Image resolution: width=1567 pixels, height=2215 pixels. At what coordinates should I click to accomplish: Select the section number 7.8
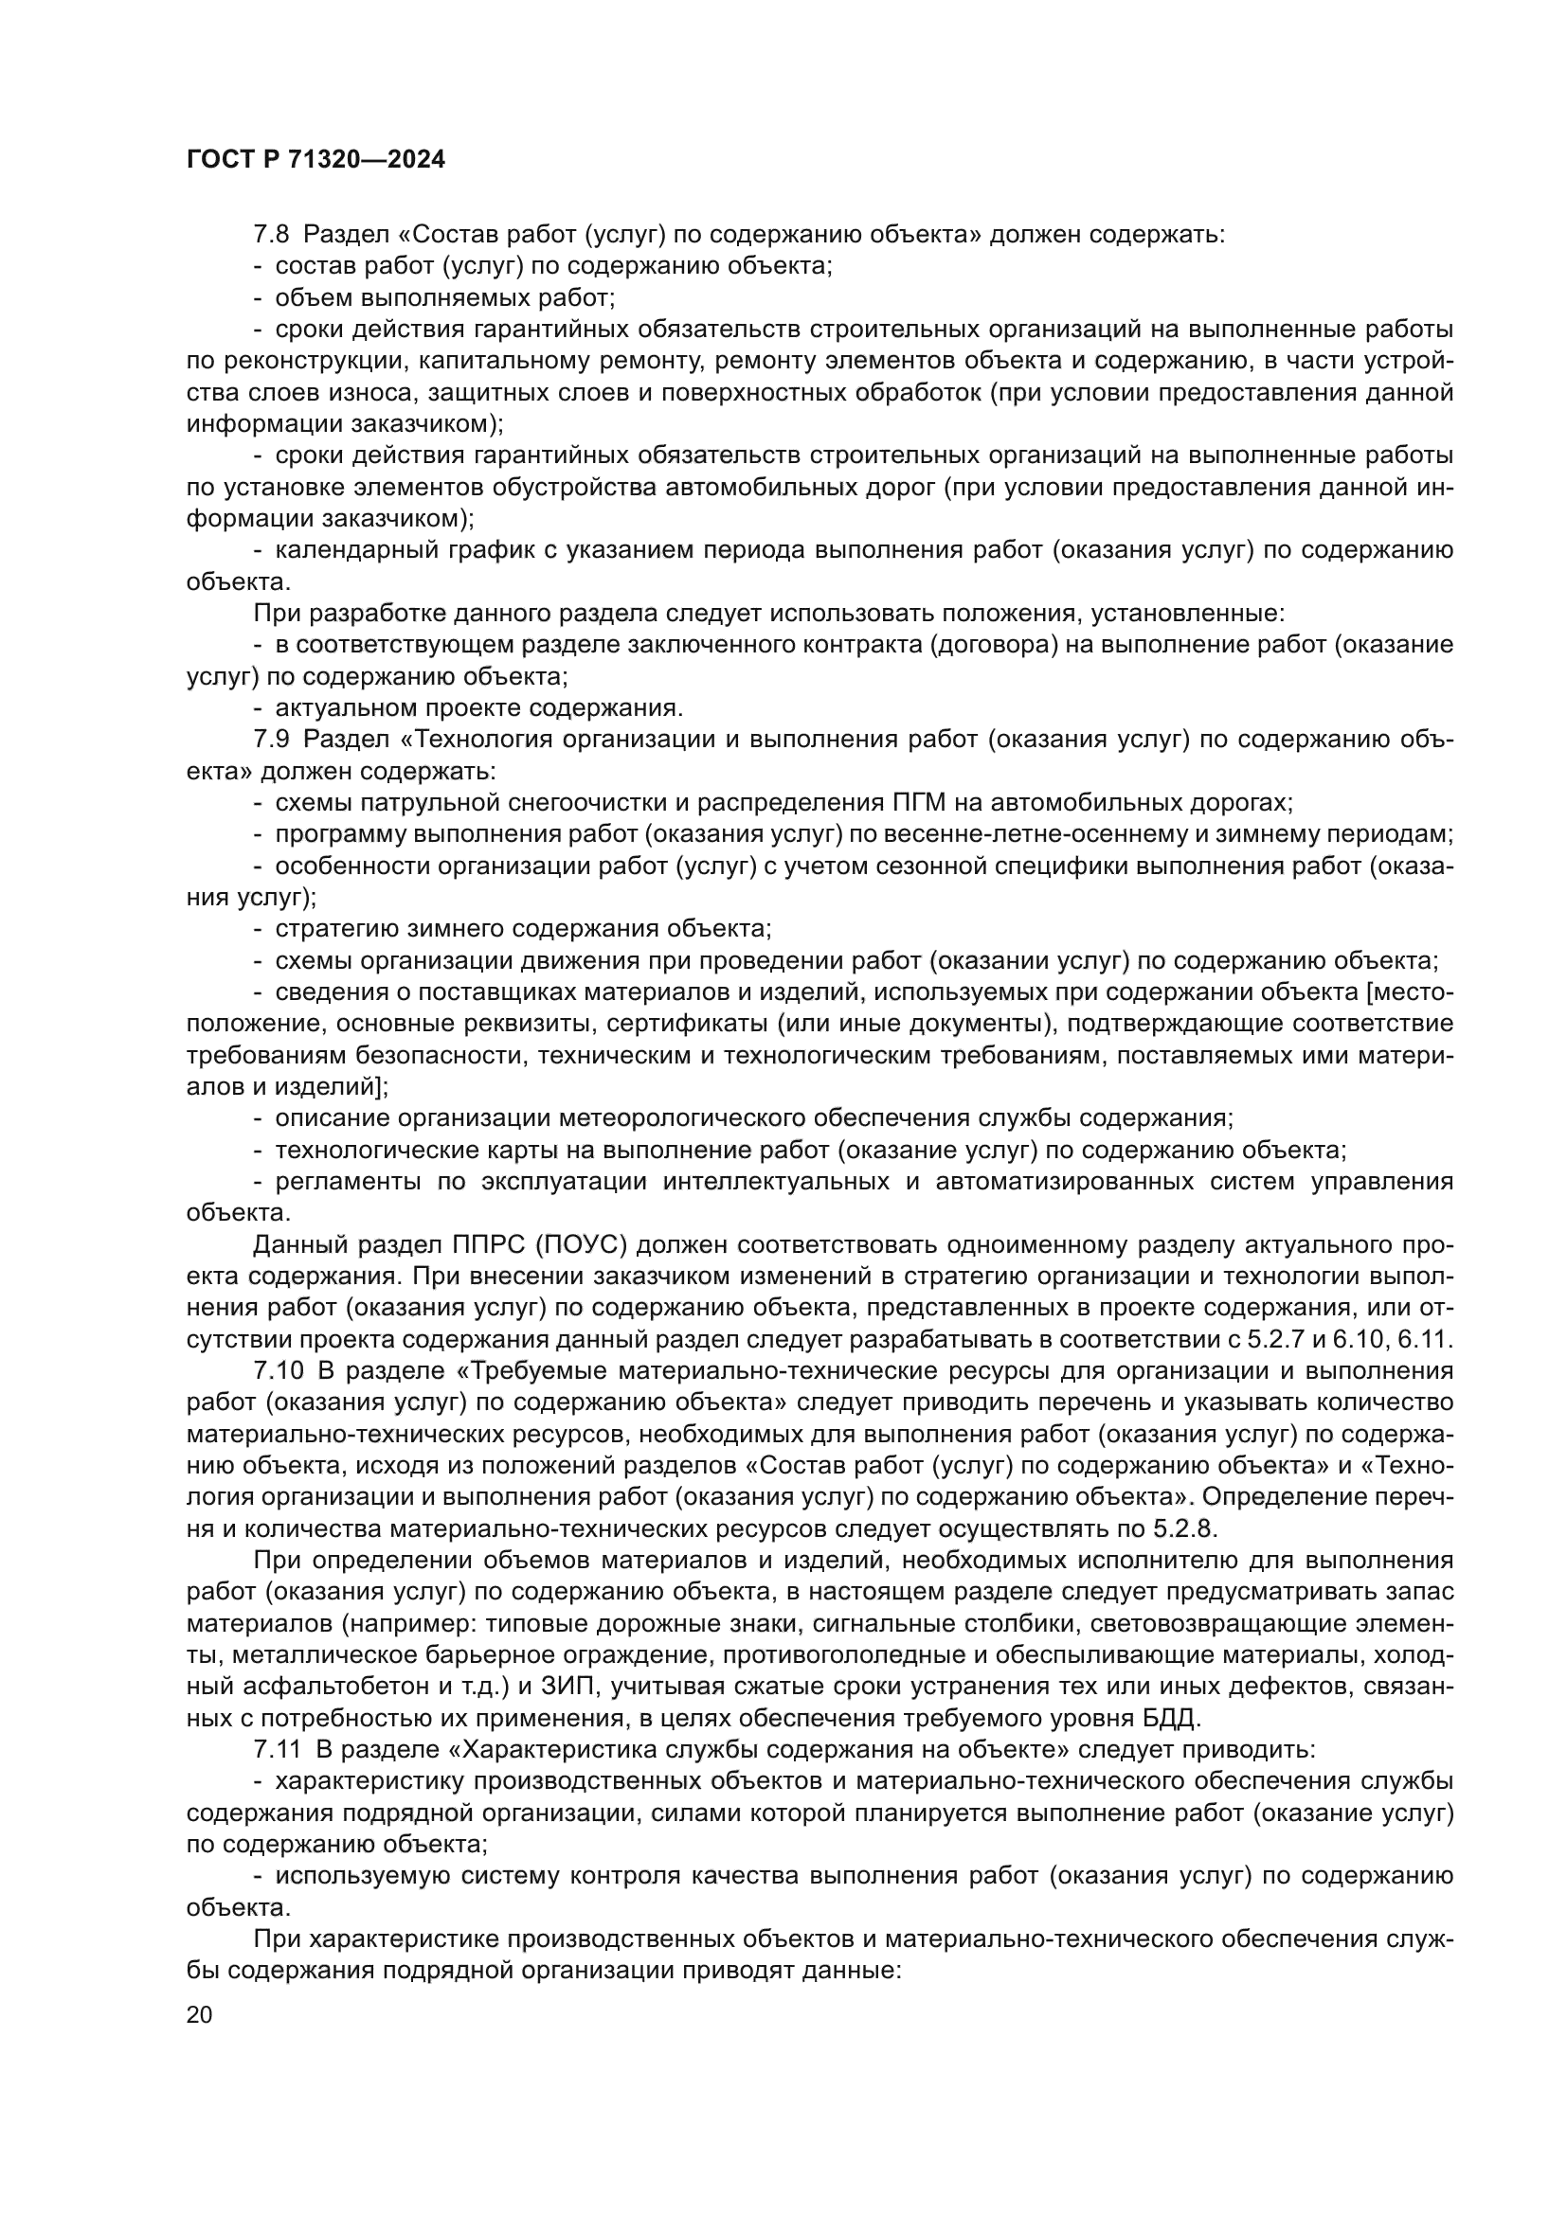tap(271, 235)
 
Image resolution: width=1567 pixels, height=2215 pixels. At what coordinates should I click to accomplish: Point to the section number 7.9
tap(271, 740)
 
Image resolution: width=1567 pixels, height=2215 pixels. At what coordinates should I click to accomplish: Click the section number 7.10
tap(278, 1372)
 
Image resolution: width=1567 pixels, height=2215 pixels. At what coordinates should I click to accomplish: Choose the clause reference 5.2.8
tap(1185, 1529)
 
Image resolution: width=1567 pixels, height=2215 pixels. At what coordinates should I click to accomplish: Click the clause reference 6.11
tap(1429, 1340)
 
